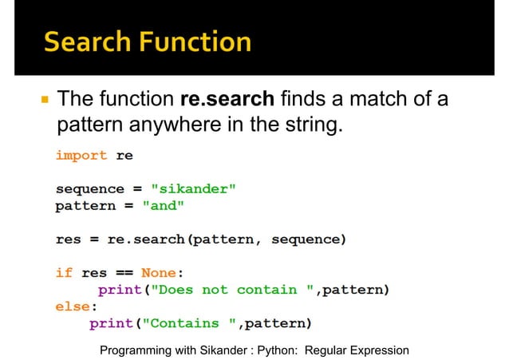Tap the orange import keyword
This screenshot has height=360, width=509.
point(81,156)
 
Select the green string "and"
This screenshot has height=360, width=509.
point(164,206)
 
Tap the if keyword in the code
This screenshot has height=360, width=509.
point(64,272)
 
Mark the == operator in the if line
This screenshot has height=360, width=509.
point(124,272)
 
